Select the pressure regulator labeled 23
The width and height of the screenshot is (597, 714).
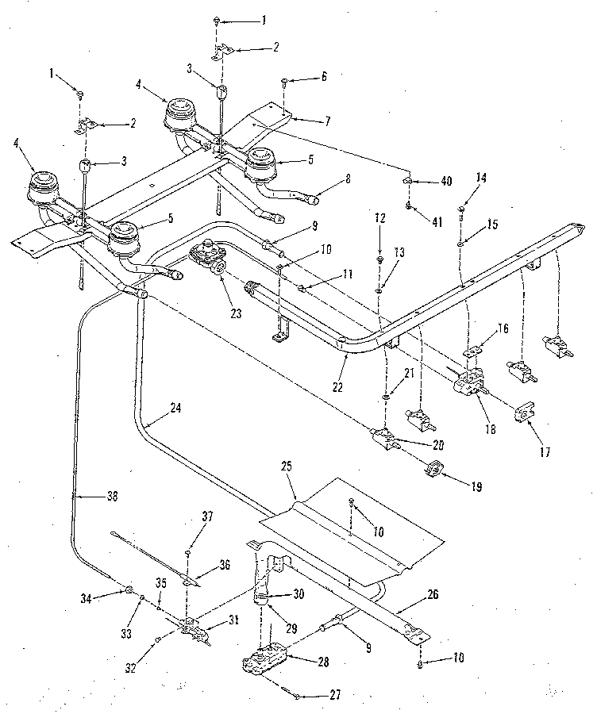[x=208, y=257]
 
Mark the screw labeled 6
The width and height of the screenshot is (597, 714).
[x=284, y=82]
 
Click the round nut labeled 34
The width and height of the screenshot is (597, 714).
[x=128, y=589]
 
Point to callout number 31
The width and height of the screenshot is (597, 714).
[x=232, y=621]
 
